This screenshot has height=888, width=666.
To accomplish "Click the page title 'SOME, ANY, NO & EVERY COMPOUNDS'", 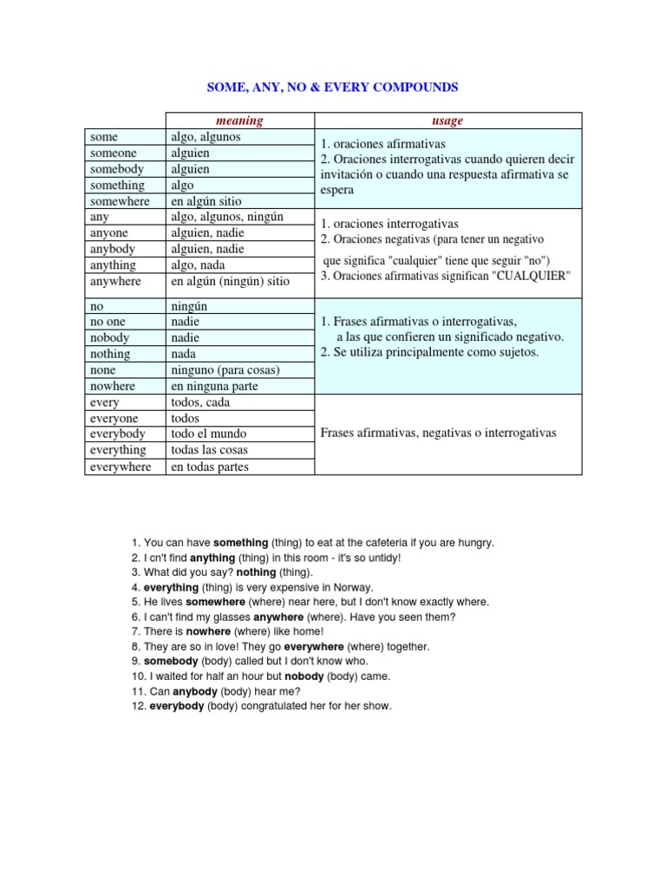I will click(332, 88).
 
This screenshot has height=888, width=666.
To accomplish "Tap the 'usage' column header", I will click(447, 121).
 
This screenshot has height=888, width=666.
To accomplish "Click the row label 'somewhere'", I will click(120, 201).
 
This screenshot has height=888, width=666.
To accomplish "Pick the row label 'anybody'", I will click(114, 249).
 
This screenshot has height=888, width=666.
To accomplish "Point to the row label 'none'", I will click(103, 369).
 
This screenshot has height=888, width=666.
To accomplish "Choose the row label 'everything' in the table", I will click(117, 450).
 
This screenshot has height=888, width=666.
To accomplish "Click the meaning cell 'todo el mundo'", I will click(208, 434).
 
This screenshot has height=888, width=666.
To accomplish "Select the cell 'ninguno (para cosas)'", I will click(225, 369).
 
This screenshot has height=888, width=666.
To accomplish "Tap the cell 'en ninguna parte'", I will click(213, 386).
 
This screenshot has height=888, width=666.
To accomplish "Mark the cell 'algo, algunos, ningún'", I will click(227, 217).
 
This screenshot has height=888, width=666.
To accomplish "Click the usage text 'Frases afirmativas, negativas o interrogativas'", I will click(438, 433).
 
